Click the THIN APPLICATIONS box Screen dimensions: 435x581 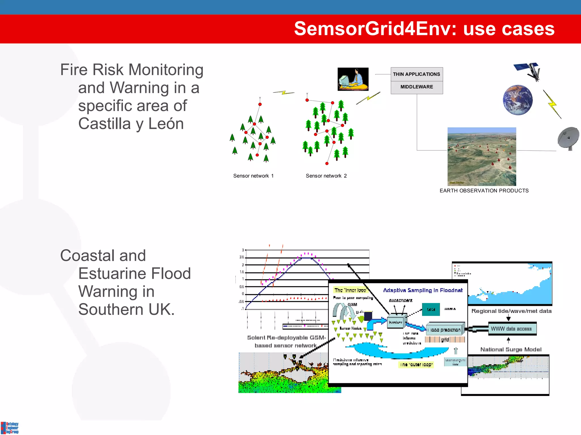(x=416, y=74)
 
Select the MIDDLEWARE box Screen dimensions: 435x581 (x=416, y=87)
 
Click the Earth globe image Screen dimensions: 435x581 (x=518, y=100)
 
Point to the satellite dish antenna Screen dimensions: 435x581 (x=568, y=138)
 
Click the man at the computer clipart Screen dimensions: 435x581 (x=353, y=79)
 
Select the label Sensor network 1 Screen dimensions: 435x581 (x=253, y=176)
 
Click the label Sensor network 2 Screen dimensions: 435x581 (x=326, y=176)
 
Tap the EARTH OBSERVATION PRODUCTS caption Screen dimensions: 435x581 (x=484, y=191)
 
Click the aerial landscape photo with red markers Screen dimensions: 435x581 (x=482, y=156)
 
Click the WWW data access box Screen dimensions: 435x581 (x=512, y=329)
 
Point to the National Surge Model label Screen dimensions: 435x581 (x=511, y=349)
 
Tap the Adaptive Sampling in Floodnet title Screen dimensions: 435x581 (x=423, y=290)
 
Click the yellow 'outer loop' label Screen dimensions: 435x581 (x=416, y=364)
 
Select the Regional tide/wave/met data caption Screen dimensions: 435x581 (x=511, y=311)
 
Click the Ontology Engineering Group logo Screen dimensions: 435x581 (x=10, y=428)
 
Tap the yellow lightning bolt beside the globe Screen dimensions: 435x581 (x=552, y=104)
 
